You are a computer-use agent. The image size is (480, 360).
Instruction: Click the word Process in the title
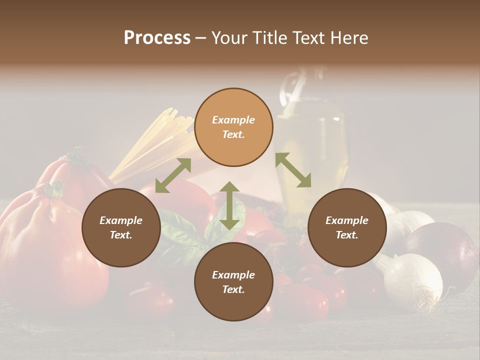point(157,38)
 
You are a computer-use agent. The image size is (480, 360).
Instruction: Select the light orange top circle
point(233,127)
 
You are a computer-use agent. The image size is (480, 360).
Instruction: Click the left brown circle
point(121,227)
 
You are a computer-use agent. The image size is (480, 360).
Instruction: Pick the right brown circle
point(347,227)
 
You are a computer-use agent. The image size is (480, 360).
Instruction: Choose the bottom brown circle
point(233,282)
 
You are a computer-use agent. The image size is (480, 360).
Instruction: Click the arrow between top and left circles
point(173,175)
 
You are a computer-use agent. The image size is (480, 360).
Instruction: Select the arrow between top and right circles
point(293,170)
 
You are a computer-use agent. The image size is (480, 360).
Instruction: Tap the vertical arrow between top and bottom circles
point(229,205)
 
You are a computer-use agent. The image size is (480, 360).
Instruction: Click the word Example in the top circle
point(233,120)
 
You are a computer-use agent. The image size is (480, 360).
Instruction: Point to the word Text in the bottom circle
point(232,289)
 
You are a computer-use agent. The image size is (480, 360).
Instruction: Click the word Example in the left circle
point(121,220)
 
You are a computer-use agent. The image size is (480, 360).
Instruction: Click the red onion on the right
point(442,247)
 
